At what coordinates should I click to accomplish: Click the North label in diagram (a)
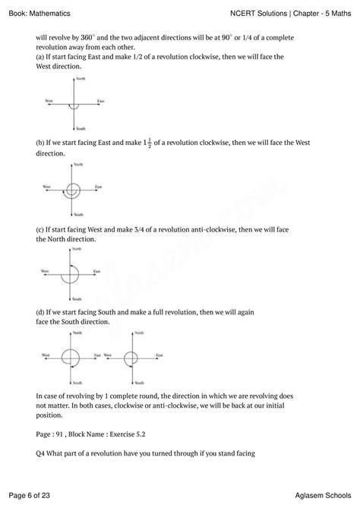[x=81, y=79]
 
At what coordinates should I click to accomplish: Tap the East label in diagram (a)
[x=100, y=101]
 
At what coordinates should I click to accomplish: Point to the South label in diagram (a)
[x=81, y=128]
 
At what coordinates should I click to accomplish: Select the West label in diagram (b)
[x=47, y=186]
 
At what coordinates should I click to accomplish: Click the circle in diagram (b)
[x=73, y=189]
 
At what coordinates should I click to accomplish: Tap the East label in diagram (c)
[x=96, y=270]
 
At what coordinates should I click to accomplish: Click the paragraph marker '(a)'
[x=40, y=57]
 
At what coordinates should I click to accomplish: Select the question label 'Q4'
[x=41, y=454]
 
